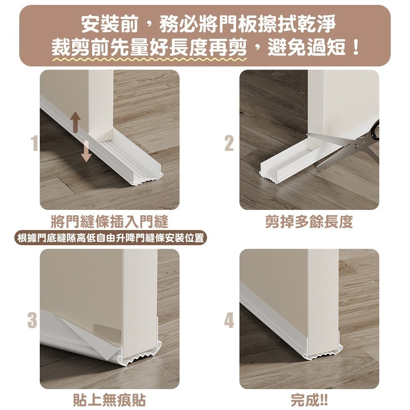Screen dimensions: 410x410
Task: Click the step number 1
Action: click(x=34, y=143)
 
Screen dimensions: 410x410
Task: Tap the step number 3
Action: click(x=32, y=320)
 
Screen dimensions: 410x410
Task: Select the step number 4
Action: click(x=229, y=320)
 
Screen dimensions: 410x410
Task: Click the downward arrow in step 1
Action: click(x=86, y=151)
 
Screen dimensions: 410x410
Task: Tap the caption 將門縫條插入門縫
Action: click(x=109, y=222)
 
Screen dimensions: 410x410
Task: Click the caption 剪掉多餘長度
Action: click(x=309, y=222)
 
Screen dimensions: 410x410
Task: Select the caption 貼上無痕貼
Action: click(x=109, y=400)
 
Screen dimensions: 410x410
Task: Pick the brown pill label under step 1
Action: click(x=109, y=238)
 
